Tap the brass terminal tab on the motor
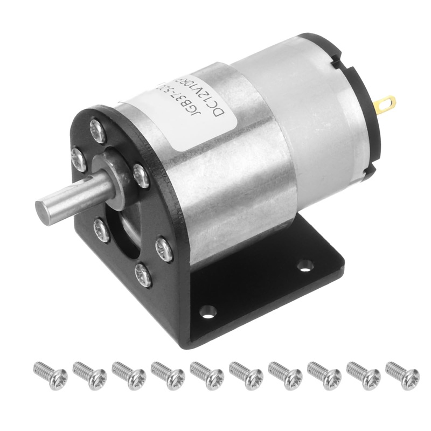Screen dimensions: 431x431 tap(386, 102)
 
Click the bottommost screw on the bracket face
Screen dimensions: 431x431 tap(143, 274)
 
